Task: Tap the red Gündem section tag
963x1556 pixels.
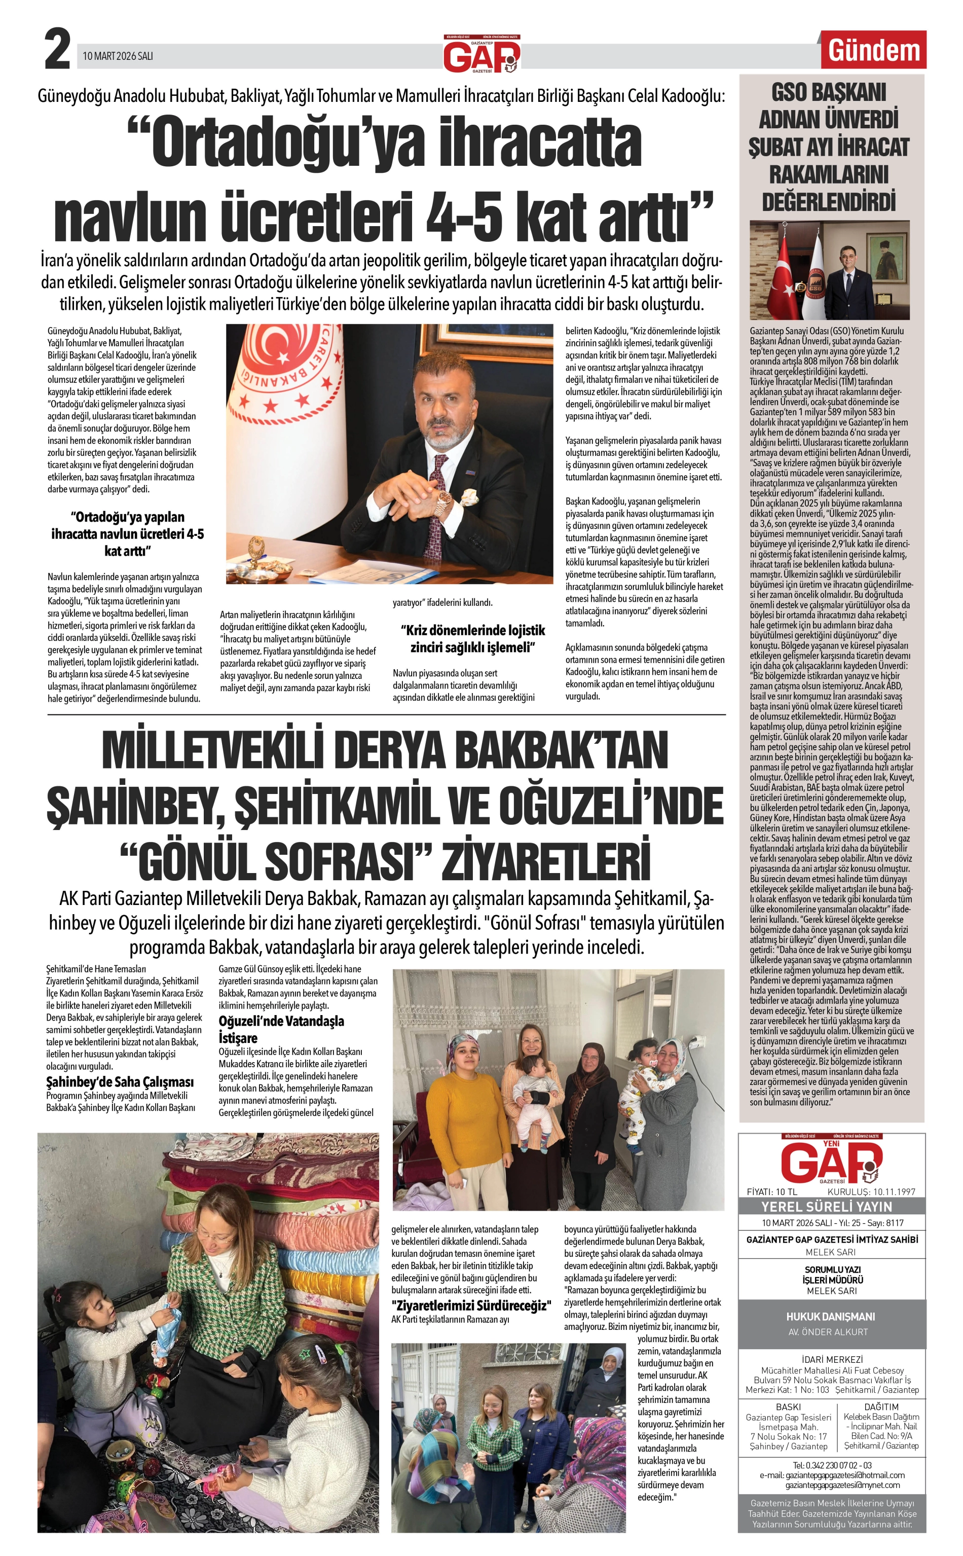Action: tap(873, 50)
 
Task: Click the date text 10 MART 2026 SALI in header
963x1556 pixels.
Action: tap(118, 56)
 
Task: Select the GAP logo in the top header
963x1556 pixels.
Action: tap(481, 55)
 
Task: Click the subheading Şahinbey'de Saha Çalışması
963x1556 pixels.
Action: tap(120, 1081)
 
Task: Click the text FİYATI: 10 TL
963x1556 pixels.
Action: tap(771, 1191)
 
